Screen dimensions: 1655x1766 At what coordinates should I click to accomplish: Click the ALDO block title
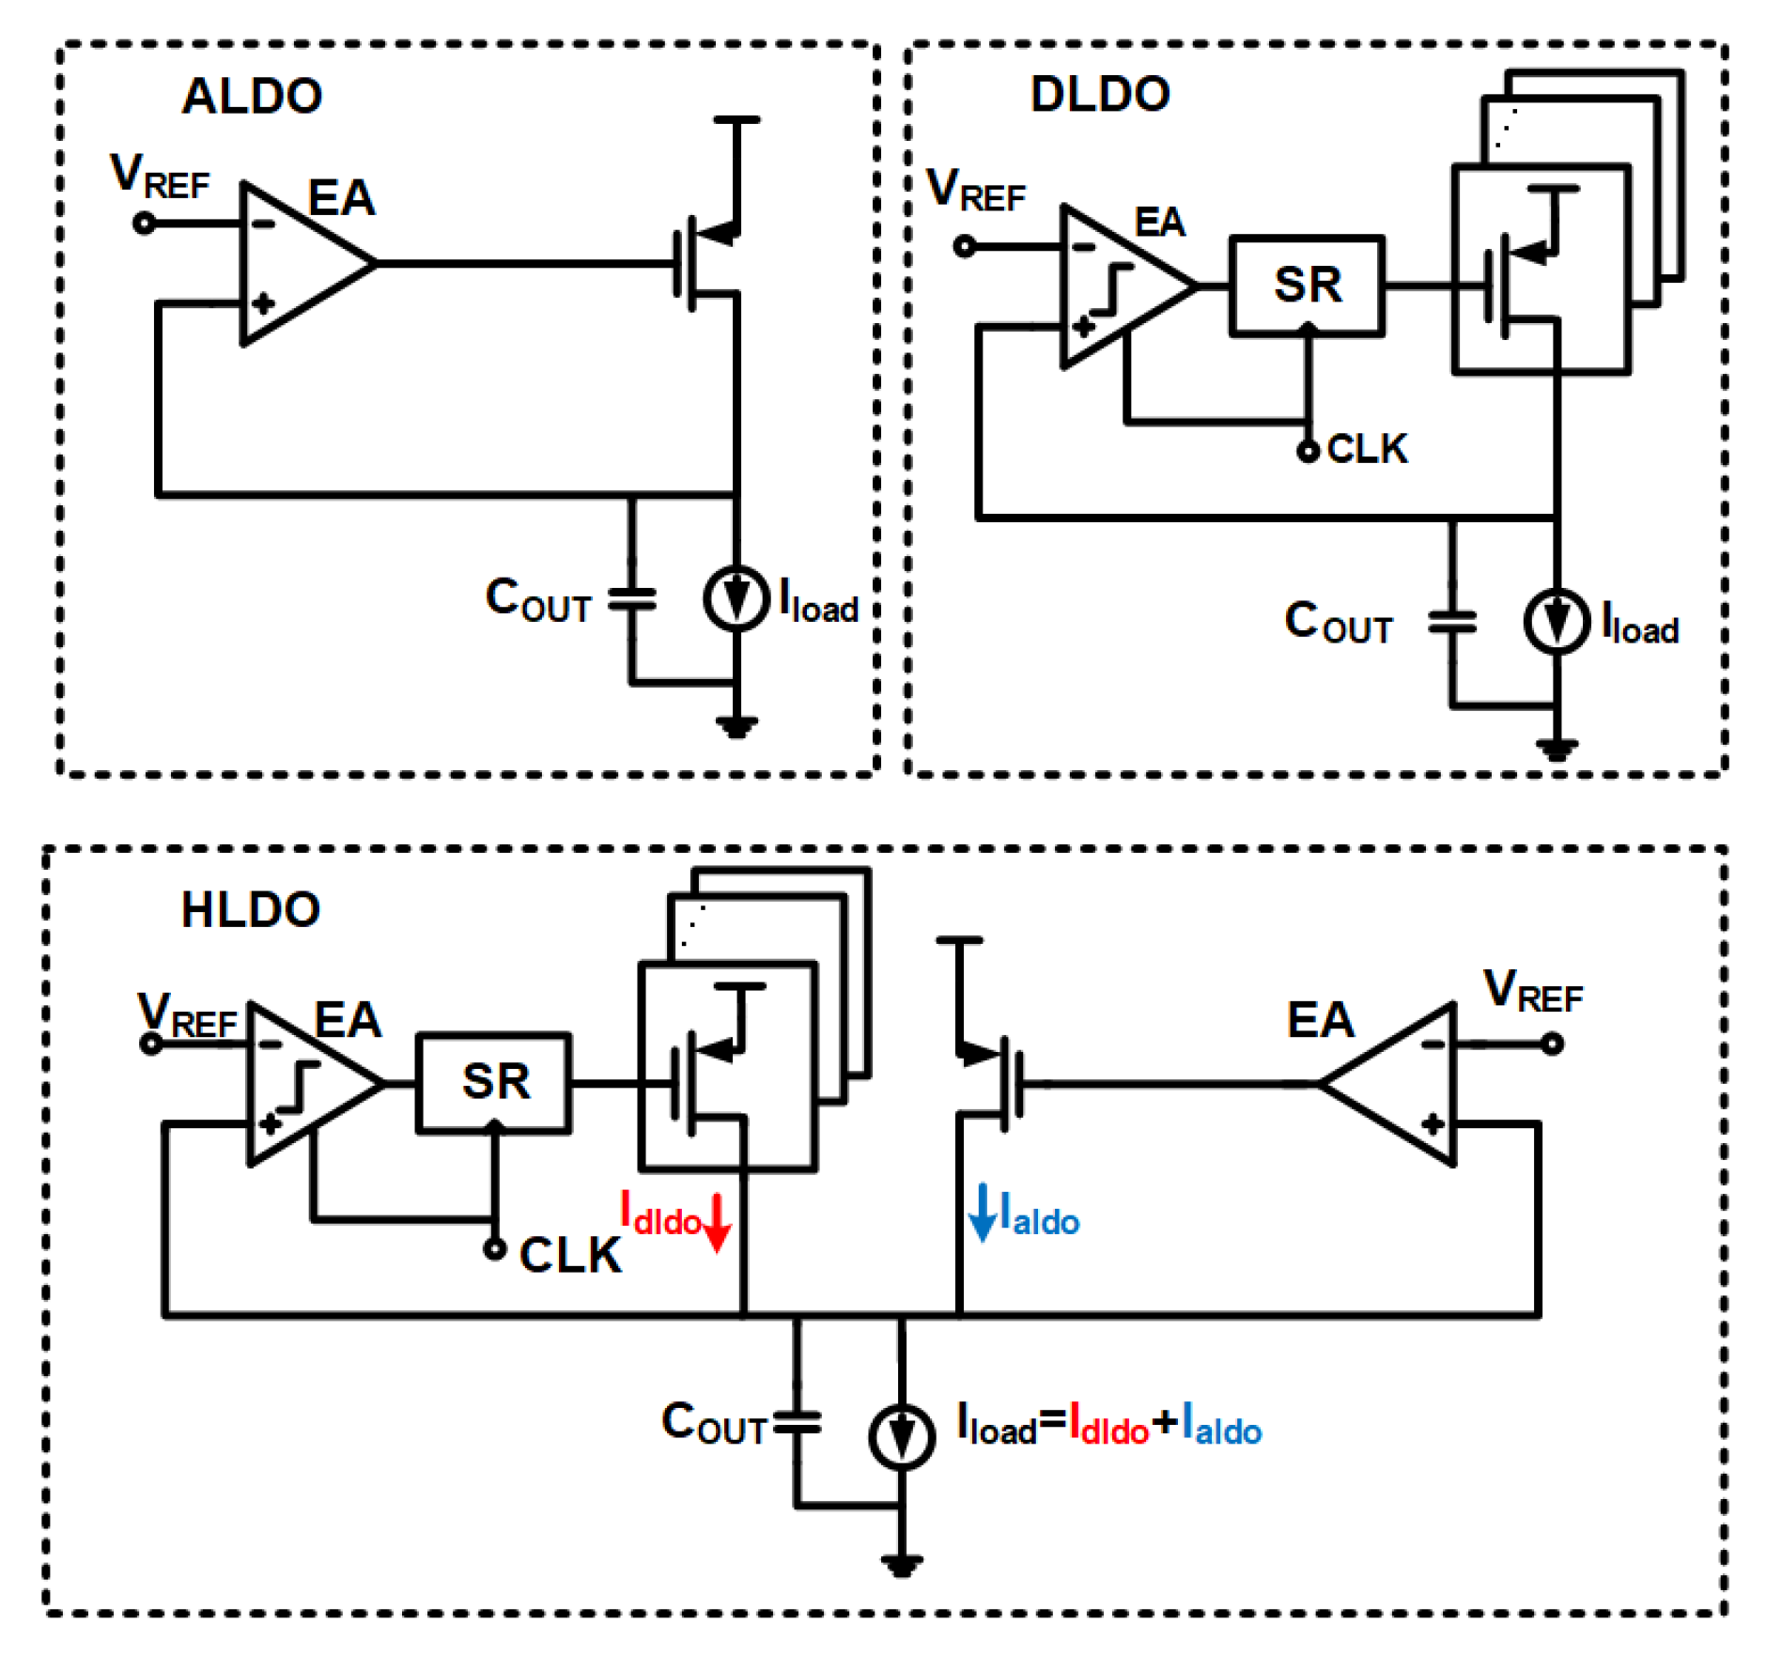[x=252, y=96]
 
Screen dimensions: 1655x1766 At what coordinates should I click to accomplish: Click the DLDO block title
[x=1100, y=94]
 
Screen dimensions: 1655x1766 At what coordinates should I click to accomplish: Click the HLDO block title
[x=251, y=909]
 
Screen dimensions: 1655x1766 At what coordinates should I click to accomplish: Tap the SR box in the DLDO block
[x=1307, y=285]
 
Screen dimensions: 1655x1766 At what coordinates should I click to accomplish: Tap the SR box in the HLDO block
[x=494, y=1082]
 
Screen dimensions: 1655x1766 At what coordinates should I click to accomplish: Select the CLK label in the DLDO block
[x=1367, y=449]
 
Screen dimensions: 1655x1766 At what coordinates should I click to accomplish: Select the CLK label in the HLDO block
[x=570, y=1255]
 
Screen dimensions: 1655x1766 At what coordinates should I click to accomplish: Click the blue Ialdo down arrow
[x=982, y=1213]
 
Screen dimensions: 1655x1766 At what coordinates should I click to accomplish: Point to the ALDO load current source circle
[x=736, y=599]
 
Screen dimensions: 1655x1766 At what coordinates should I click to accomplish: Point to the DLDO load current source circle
[x=1557, y=621]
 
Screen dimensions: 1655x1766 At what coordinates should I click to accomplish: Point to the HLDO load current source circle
[x=901, y=1435]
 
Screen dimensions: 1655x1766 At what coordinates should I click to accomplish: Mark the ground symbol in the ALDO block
[x=736, y=726]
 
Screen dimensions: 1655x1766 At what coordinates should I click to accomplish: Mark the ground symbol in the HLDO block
[x=901, y=1565]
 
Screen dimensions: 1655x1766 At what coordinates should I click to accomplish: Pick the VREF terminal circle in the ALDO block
[x=144, y=224]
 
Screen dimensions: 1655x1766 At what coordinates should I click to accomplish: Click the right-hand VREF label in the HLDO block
[x=1532, y=992]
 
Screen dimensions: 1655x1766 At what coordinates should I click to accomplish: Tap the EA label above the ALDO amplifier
[x=341, y=198]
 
